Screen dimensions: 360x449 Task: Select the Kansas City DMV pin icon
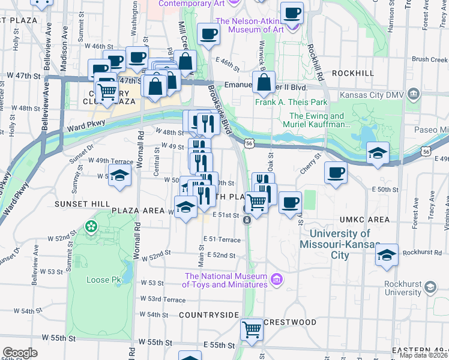coord(413,94)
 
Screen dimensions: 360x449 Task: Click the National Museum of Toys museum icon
coord(276,278)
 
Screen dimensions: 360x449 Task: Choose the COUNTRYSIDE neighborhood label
coord(209,314)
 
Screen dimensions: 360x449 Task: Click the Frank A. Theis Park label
coord(291,102)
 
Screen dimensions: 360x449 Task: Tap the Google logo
coord(20,352)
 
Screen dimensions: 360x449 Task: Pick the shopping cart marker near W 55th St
coord(252,329)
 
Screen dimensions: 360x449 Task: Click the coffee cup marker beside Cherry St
coord(335,173)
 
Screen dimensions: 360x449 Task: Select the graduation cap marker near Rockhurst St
coord(387,255)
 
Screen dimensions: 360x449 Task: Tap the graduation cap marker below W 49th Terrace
coord(119,177)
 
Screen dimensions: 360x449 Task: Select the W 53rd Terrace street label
coord(163,299)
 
